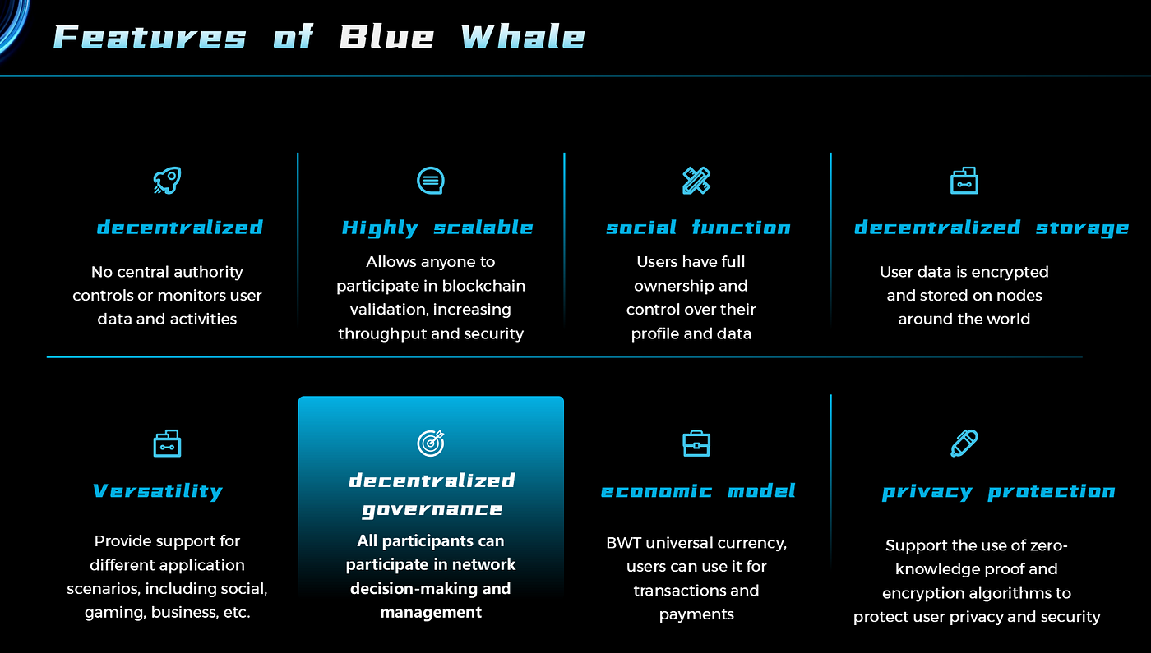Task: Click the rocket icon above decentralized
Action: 167,181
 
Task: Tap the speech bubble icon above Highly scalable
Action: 431,181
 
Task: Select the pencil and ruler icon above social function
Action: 696,181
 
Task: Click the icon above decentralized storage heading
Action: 964,181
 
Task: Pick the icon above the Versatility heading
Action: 167,444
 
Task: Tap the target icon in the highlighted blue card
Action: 431,444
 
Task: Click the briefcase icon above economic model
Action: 696,444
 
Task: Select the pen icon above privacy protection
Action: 964,444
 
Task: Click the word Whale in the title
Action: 523,38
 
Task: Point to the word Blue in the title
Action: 387,38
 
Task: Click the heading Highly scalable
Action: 437,228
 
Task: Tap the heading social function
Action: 698,228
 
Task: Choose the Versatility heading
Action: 158,492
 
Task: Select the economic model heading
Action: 698,492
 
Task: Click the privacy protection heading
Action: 998,492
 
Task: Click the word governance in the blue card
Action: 432,510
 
